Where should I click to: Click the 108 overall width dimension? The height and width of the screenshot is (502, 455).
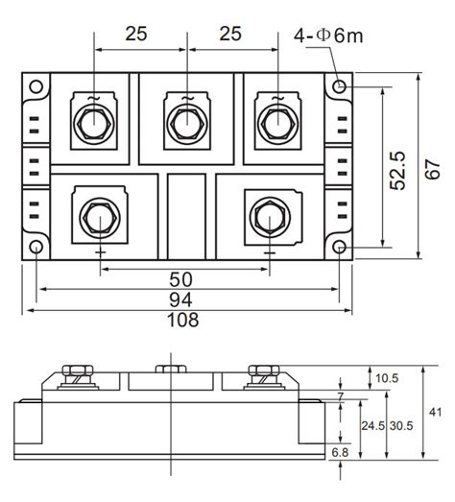(x=183, y=320)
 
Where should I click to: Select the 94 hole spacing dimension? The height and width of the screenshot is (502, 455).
(x=180, y=300)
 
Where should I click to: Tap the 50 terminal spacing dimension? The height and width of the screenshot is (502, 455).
(x=180, y=279)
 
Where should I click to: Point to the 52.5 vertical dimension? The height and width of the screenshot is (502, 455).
(x=397, y=170)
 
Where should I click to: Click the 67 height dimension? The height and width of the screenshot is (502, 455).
(x=433, y=169)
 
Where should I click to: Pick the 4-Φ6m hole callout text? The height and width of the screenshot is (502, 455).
(x=328, y=36)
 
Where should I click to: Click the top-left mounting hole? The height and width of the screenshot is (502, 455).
(x=36, y=86)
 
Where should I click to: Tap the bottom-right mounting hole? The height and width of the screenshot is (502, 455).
(x=339, y=248)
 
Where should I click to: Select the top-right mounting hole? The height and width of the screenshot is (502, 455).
(x=339, y=86)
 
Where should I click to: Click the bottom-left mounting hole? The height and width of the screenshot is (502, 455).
(x=36, y=248)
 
